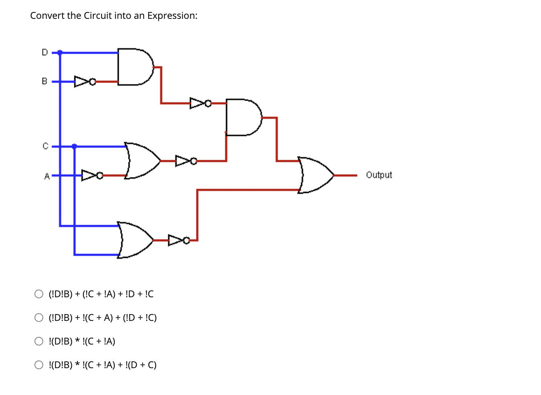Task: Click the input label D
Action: pos(45,52)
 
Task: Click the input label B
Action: pos(45,81)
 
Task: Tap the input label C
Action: pos(45,146)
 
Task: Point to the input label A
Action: pos(47,176)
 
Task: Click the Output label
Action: pos(378,175)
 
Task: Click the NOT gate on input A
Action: pos(92,175)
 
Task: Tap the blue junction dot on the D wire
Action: pos(60,52)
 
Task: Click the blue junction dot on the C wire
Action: pos(74,147)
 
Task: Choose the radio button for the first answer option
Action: pos(39,294)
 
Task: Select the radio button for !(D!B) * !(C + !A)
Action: pos(39,341)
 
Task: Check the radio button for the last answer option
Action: pos(39,365)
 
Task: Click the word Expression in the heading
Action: pos(171,16)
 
